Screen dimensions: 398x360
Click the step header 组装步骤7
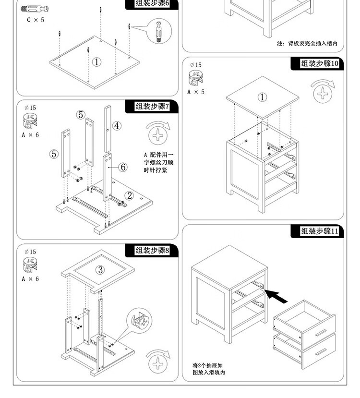152,107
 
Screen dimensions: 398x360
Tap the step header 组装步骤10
319,64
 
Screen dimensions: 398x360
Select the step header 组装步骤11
319,231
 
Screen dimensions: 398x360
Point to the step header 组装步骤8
152,251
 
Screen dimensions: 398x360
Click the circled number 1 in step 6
96,62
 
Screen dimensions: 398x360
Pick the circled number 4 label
117,126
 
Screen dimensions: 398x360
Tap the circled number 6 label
123,167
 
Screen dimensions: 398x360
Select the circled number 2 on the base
129,195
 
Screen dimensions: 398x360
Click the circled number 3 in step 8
100,270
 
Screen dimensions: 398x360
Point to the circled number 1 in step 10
262,97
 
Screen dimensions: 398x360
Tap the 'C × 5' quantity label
35,20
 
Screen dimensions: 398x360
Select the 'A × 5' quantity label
195,92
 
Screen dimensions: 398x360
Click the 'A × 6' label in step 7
30,135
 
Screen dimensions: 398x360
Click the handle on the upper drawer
320,332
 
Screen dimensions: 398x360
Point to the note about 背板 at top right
307,44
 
